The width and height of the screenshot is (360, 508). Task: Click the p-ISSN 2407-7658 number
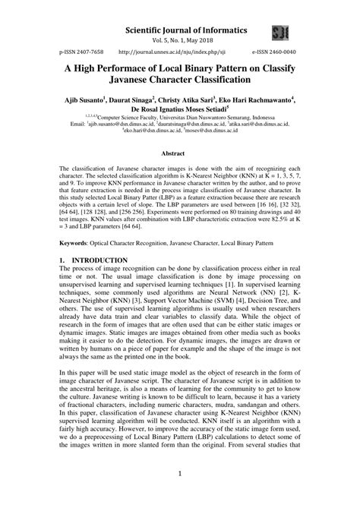point(81,55)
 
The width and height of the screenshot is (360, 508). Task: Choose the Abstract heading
point(180,153)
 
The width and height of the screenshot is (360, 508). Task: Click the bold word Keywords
point(76,242)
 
